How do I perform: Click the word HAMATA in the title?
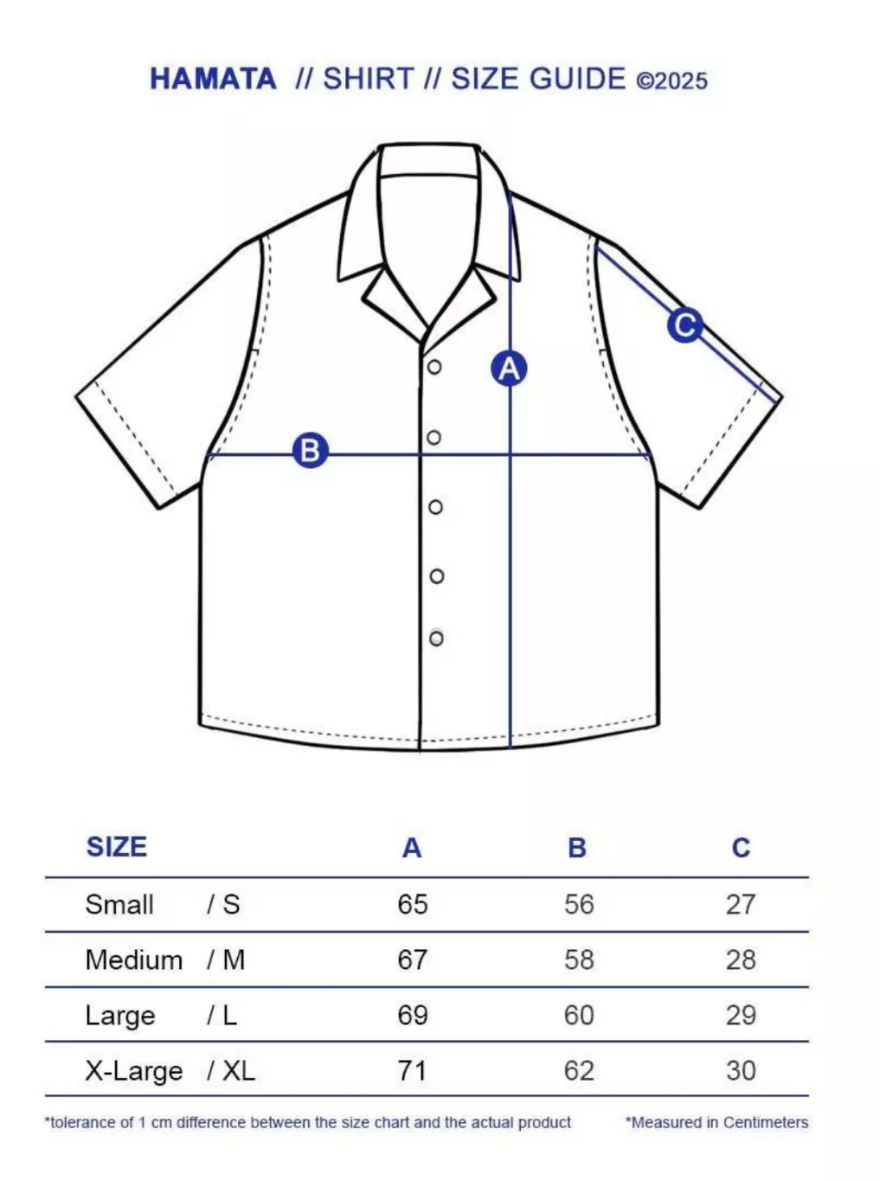click(x=213, y=79)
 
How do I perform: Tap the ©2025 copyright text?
click(x=671, y=81)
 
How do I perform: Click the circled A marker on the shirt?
click(x=509, y=369)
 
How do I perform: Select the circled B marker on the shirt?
click(x=311, y=451)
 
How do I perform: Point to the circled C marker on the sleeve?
click(x=685, y=325)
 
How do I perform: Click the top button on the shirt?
click(x=434, y=367)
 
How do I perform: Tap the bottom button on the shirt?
click(x=436, y=639)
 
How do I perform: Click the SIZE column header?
click(x=117, y=847)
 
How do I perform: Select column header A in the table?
click(x=412, y=848)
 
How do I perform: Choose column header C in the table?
click(x=741, y=848)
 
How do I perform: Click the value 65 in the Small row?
click(x=413, y=904)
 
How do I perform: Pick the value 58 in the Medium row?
click(x=579, y=960)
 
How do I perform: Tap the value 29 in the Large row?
click(x=741, y=1016)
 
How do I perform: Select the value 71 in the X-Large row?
click(x=412, y=1071)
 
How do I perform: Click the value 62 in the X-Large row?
click(x=579, y=1071)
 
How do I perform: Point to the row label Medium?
click(x=134, y=960)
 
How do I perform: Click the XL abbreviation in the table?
click(x=239, y=1071)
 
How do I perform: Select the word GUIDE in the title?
click(x=577, y=79)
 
